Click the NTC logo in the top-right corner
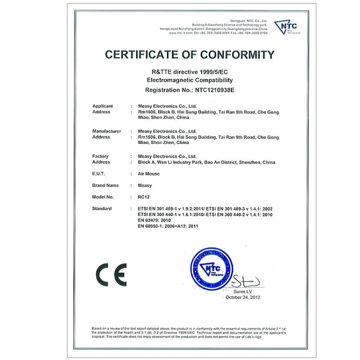(x=286, y=26)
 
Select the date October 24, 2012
(x=243, y=297)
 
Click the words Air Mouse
(x=148, y=174)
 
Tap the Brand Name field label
(x=105, y=185)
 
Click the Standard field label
(x=102, y=209)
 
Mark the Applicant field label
(x=102, y=106)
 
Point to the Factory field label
(x=100, y=156)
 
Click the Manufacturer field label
(x=107, y=131)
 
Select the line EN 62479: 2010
(x=155, y=220)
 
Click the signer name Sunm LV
(x=243, y=291)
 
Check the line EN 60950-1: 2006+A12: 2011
(x=168, y=226)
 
